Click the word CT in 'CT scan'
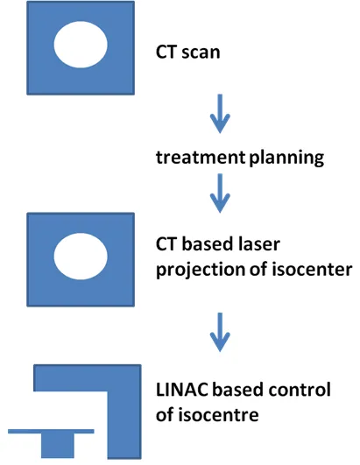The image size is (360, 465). pyautogui.click(x=166, y=52)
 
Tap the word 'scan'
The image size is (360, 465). pyautogui.click(x=201, y=53)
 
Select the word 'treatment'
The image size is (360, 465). pyautogui.click(x=201, y=157)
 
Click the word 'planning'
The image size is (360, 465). pyautogui.click(x=286, y=158)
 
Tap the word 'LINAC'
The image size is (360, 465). pyautogui.click(x=182, y=390)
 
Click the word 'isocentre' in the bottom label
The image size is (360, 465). pyautogui.click(x=218, y=414)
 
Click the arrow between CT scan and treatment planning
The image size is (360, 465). pyautogui.click(x=220, y=114)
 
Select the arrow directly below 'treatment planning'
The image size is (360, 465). pyautogui.click(x=220, y=194)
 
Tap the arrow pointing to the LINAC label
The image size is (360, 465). pyautogui.click(x=220, y=332)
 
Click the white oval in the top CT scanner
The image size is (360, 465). pyautogui.click(x=81, y=45)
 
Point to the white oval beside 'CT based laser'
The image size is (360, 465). pyautogui.click(x=81, y=257)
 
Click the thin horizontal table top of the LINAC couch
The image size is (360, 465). pyautogui.click(x=51, y=431)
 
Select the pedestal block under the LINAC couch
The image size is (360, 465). pyautogui.click(x=58, y=446)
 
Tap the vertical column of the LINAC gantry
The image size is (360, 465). pyautogui.click(x=124, y=425)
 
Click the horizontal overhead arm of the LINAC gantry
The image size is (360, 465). pyautogui.click(x=88, y=377)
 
